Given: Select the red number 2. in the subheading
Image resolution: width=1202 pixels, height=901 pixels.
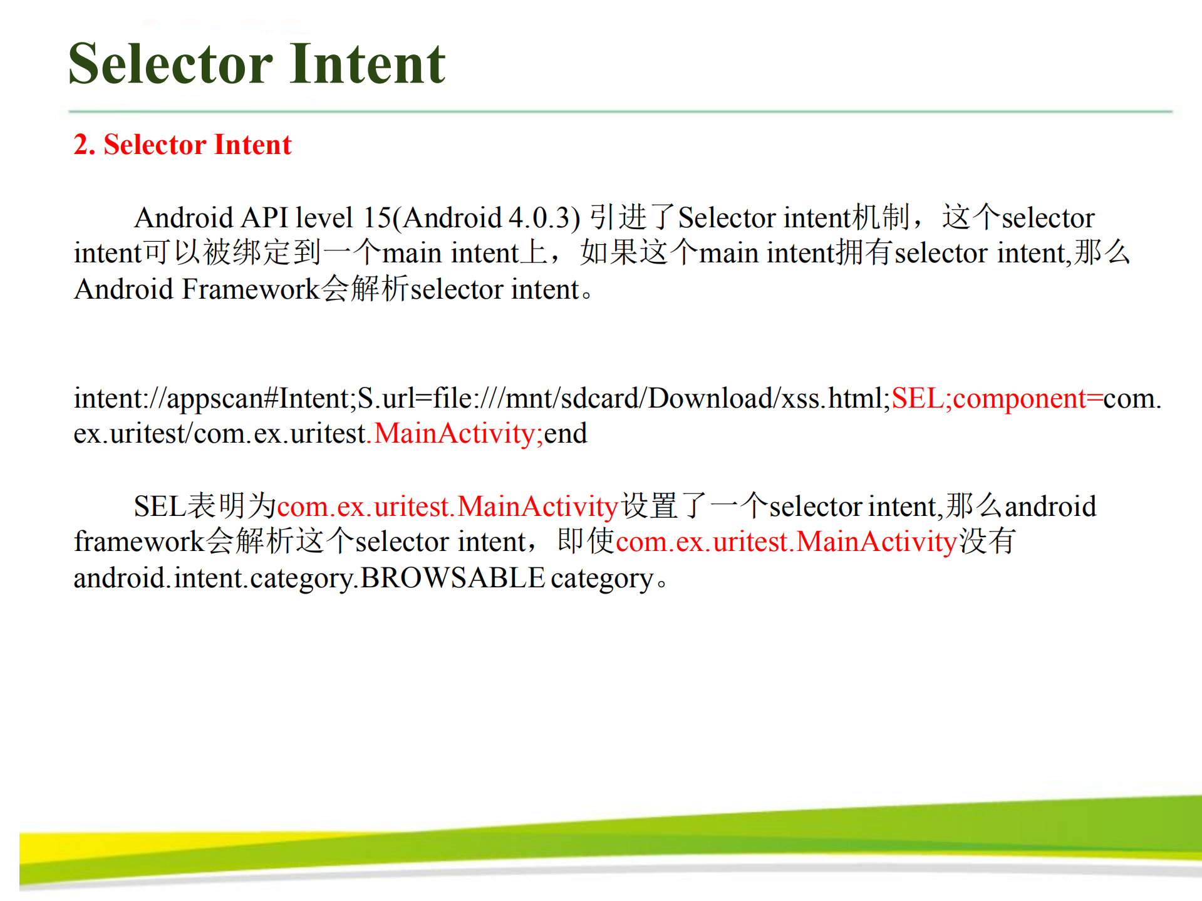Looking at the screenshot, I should pyautogui.click(x=85, y=145).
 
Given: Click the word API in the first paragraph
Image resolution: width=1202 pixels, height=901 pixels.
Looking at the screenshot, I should pyautogui.click(x=264, y=218).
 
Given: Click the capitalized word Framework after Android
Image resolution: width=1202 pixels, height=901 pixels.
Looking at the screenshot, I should pyautogui.click(x=251, y=289).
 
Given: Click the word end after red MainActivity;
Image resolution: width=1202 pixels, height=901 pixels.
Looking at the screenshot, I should pyautogui.click(x=566, y=433).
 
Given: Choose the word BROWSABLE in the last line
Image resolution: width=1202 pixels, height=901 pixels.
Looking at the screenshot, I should pyautogui.click(x=453, y=577).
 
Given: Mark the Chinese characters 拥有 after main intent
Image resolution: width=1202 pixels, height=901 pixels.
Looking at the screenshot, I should pyautogui.click(x=866, y=253).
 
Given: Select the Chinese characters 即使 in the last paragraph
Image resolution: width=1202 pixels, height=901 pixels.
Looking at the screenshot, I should pyautogui.click(x=586, y=541).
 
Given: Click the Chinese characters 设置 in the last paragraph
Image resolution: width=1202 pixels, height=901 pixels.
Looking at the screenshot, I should pyautogui.click(x=650, y=506).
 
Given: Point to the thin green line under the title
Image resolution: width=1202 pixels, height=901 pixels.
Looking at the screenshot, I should pyautogui.click(x=620, y=111).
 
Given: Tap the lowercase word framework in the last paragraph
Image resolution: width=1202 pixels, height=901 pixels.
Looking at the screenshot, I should pyautogui.click(x=139, y=542).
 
